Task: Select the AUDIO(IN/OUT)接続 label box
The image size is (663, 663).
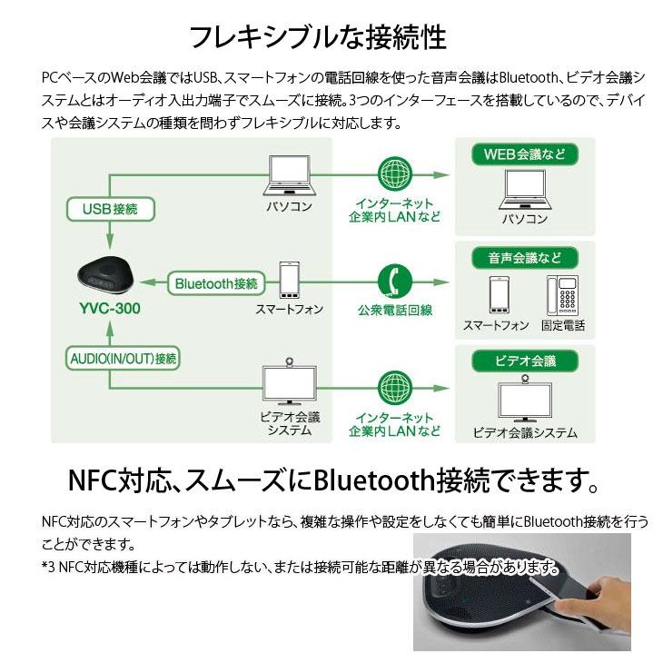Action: tap(123, 358)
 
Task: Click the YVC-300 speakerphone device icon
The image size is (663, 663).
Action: tap(109, 272)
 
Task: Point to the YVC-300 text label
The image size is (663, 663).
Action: tap(108, 309)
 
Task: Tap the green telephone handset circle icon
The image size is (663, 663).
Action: tap(394, 277)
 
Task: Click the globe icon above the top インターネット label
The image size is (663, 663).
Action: tap(394, 173)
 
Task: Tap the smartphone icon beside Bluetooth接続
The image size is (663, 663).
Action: tap(290, 281)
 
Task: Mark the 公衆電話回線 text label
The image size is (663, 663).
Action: tap(394, 310)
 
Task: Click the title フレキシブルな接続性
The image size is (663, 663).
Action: tap(317, 38)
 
